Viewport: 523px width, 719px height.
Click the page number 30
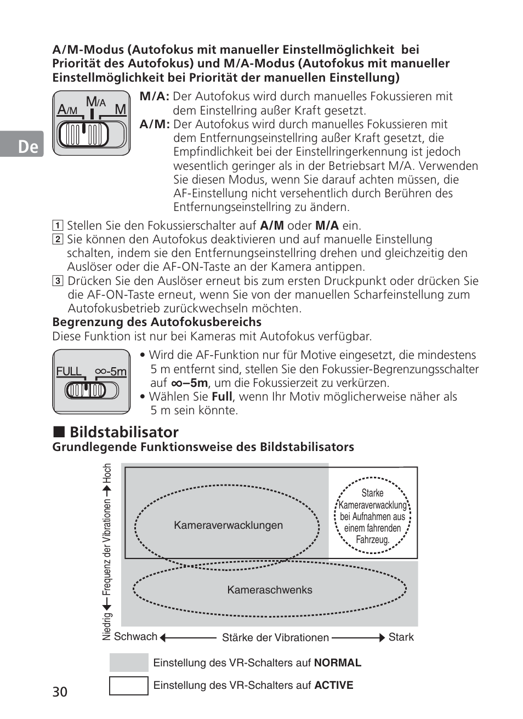point(60,692)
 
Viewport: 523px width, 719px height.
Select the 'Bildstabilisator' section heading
point(124,432)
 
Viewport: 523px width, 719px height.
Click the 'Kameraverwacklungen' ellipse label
point(228,526)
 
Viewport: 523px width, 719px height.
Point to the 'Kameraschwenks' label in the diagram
point(270,590)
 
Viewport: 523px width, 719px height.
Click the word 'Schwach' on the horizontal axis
point(135,636)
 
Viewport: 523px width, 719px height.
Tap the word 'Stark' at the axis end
point(401,637)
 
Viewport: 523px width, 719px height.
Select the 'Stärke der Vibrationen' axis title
point(275,637)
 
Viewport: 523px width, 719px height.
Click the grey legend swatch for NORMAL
point(129,663)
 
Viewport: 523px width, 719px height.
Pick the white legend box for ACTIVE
point(129,686)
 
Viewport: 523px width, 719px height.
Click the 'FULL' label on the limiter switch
point(69,372)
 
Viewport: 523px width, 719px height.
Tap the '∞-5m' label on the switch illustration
point(111,372)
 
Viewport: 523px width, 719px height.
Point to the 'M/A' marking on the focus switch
point(95,102)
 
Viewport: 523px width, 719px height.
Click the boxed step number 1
point(58,225)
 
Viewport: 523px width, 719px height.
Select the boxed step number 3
point(58,281)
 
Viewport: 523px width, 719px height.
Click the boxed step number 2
point(58,239)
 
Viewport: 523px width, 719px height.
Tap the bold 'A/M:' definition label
point(155,124)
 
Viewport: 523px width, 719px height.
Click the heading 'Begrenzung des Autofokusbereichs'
point(157,322)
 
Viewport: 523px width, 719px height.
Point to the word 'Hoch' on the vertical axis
point(107,473)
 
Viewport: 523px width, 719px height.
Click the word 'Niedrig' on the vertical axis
point(107,626)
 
